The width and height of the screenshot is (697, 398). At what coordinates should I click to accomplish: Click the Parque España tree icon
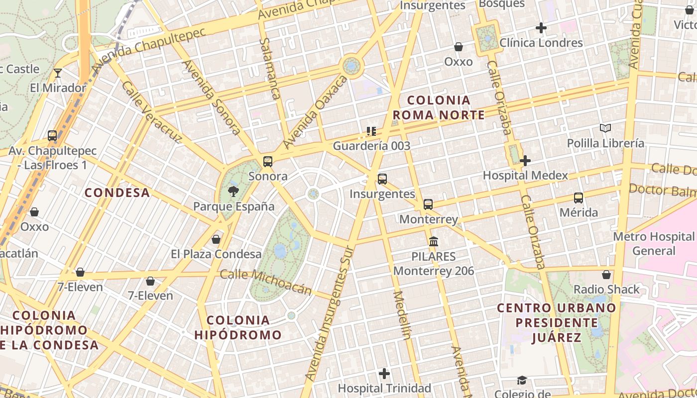tap(232, 191)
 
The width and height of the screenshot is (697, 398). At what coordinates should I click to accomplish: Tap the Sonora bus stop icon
tap(268, 161)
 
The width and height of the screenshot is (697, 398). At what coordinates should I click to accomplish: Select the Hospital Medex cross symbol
tap(525, 161)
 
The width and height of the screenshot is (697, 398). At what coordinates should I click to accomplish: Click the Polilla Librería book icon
tap(605, 128)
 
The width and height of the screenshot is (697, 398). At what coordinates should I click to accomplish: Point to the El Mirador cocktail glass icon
tap(58, 73)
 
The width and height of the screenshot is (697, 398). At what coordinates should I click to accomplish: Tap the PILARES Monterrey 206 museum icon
tap(434, 242)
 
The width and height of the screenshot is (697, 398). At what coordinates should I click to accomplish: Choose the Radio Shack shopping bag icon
tap(606, 275)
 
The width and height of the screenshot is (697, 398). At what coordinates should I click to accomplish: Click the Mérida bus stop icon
tap(579, 198)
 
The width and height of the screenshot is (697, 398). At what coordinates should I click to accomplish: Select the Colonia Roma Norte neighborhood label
tap(438, 108)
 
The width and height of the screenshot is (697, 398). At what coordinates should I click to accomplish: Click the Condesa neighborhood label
tap(117, 193)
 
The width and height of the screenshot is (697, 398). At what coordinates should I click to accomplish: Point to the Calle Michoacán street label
tap(266, 282)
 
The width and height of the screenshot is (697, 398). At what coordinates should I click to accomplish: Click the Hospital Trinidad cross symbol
tap(384, 373)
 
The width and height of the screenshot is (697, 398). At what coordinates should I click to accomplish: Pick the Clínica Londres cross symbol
tap(541, 28)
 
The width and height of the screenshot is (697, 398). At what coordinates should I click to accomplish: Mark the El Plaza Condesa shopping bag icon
tap(216, 239)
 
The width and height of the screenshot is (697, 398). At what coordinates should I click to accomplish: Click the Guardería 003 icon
tap(371, 131)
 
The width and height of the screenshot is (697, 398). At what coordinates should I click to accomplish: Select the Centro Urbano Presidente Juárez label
tap(557, 322)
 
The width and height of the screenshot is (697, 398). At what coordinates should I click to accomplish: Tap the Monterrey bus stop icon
tap(428, 204)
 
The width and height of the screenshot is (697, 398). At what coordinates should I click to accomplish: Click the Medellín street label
tap(402, 315)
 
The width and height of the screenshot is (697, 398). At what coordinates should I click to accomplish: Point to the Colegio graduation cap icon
tap(521, 381)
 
